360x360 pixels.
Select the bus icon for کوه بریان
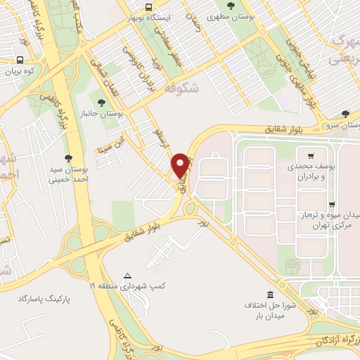[22, 60]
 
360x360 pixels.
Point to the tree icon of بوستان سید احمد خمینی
[67, 158]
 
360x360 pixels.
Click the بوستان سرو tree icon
[345, 113]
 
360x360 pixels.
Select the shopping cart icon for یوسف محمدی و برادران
[310, 155]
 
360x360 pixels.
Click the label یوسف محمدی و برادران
[309, 172]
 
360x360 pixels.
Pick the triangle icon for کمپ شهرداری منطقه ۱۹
[127, 276]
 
